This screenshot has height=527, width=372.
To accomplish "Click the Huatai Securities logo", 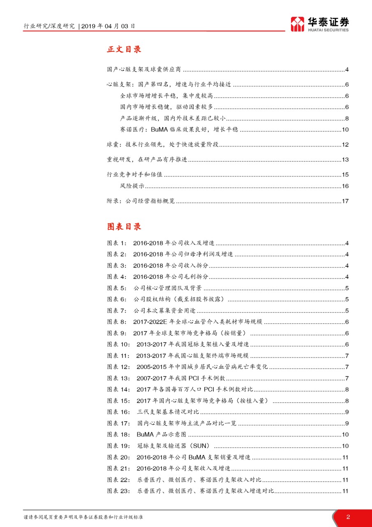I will [319, 24].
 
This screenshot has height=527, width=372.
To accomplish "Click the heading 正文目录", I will [124, 49].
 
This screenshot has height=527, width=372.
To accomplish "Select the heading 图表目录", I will [124, 227].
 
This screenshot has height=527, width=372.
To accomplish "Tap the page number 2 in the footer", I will [348, 517].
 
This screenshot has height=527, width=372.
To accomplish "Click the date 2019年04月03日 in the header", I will [108, 26].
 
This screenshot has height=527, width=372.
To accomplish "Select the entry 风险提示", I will [132, 186].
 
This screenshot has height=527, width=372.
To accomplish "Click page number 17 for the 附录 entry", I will [345, 201].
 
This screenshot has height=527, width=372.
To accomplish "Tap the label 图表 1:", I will [118, 243].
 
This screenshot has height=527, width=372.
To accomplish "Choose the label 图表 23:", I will [119, 491].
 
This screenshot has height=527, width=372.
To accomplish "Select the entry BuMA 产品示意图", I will [162, 434].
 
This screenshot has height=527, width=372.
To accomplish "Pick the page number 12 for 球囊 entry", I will [345, 145].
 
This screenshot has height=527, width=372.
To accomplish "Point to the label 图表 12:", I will [119, 367].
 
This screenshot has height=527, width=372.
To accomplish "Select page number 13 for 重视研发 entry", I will [345, 160].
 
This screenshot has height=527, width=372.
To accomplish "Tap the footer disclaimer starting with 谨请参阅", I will [84, 517].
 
